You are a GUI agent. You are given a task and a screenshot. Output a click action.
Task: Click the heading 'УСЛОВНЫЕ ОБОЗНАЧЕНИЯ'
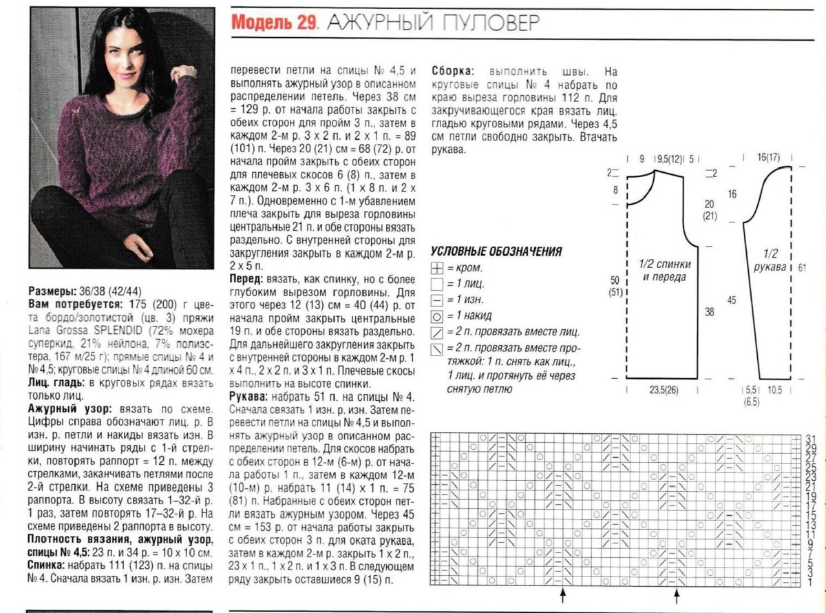pos(496,252)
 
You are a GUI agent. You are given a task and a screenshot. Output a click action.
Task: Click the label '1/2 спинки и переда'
pos(665,271)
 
